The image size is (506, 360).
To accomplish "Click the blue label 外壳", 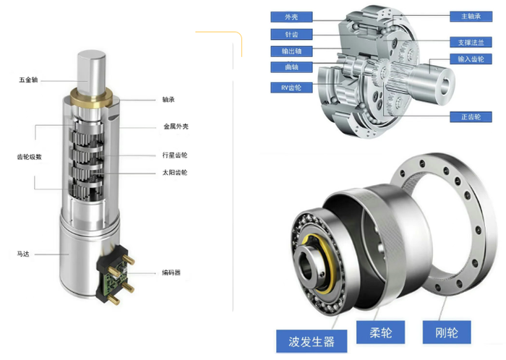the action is pos(291,17).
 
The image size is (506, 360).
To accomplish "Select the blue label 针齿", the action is pos(291,34).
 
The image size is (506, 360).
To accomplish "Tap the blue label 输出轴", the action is pos(291,51).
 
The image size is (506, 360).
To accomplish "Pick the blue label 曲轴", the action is pos(291,67).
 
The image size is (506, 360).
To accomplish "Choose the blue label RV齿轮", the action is pos(291,87).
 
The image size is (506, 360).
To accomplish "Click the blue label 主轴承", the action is pos(471,17).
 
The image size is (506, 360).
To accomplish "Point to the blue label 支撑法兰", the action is pos(471,42).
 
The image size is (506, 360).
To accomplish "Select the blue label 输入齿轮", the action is pos(471,59).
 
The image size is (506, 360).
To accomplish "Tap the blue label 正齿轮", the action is pos(471,117).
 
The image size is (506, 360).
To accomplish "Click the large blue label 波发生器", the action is pos(312,341).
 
